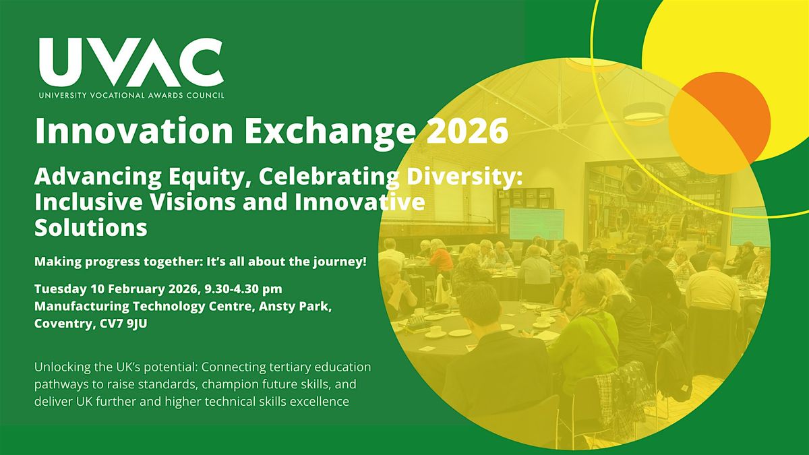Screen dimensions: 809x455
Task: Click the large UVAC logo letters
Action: point(131,63)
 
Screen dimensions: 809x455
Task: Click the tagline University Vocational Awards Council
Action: point(131,95)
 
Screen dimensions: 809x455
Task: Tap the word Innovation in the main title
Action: point(134,130)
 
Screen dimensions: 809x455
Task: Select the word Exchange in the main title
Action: point(330,133)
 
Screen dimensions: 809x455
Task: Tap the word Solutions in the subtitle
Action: point(91,228)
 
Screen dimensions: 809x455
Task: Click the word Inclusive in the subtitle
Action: point(88,202)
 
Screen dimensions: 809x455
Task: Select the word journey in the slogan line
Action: point(340,262)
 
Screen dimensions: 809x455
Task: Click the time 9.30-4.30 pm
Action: point(243,289)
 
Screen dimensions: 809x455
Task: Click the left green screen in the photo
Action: point(536,224)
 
